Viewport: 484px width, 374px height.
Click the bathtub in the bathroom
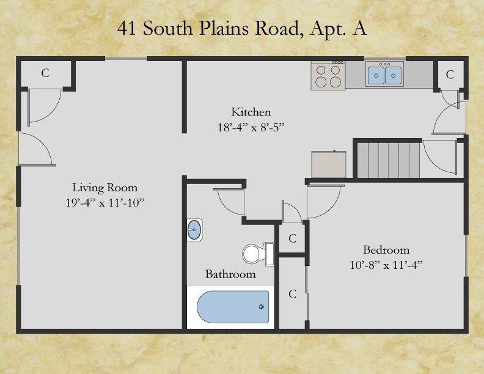point(233,307)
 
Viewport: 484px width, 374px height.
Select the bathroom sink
point(194,230)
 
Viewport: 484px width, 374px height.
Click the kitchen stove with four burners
point(328,75)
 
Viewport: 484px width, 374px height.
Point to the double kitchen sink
point(385,74)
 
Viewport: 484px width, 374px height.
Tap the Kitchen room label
point(251,112)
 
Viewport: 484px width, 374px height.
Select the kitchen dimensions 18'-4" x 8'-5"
point(251,127)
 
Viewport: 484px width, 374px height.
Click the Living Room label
point(105,188)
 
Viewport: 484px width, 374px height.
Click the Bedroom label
point(386,250)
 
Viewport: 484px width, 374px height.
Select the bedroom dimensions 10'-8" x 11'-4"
point(386,265)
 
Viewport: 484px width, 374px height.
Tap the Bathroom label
point(230,274)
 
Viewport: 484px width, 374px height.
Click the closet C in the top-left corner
point(45,73)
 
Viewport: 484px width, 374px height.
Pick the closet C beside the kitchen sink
point(450,75)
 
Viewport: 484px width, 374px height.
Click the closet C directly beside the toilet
point(293,239)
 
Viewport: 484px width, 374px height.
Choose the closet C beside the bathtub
point(293,295)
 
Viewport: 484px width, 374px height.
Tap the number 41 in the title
point(127,29)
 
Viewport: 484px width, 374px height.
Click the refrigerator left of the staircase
point(329,164)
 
